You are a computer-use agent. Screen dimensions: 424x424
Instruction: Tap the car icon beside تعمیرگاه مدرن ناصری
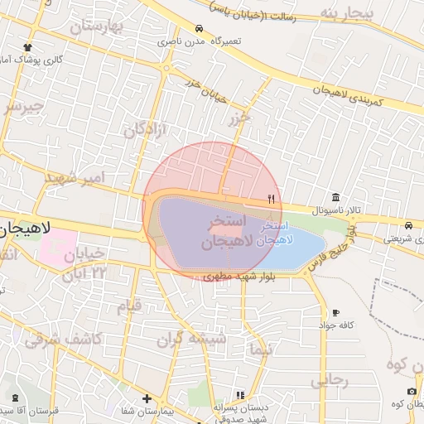point(199,27)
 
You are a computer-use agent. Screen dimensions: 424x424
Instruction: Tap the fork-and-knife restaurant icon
point(271,199)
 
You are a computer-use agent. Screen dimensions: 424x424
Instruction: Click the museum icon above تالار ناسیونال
point(335,196)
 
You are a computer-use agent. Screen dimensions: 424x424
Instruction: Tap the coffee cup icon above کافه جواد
point(335,312)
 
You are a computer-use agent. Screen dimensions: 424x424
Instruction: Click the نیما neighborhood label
point(260,350)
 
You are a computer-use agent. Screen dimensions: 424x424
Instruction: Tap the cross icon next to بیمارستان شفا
point(147,398)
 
